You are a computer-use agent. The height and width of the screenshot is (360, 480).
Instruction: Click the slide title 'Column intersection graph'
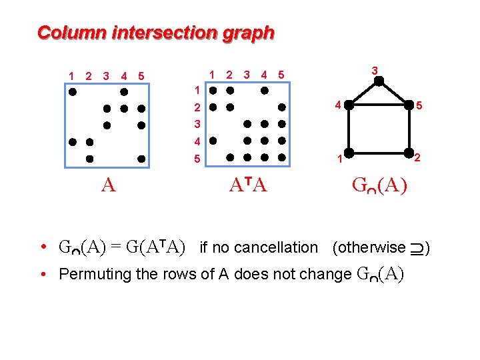pyautogui.click(x=155, y=32)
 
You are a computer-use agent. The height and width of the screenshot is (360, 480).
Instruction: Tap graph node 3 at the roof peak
pyautogui.click(x=378, y=81)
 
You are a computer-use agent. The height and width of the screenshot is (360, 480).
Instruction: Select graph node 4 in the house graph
pyautogui.click(x=347, y=105)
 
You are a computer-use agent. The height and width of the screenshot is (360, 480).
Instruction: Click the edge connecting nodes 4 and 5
pyautogui.click(x=378, y=105)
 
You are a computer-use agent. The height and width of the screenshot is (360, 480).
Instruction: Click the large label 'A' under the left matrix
pyautogui.click(x=109, y=185)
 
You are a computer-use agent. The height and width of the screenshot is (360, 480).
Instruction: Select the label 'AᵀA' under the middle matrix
pyautogui.click(x=247, y=185)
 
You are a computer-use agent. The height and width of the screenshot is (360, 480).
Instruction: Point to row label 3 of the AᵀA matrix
pyautogui.click(x=197, y=124)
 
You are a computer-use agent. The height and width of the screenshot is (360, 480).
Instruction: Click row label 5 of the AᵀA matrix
pyautogui.click(x=197, y=159)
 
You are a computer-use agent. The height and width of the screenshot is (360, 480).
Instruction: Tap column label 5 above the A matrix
pyautogui.click(x=141, y=76)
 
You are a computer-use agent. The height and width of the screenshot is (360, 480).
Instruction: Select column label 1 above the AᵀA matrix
pyautogui.click(x=212, y=75)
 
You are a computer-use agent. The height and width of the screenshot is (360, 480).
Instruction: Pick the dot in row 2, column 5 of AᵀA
pyautogui.click(x=281, y=107)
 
